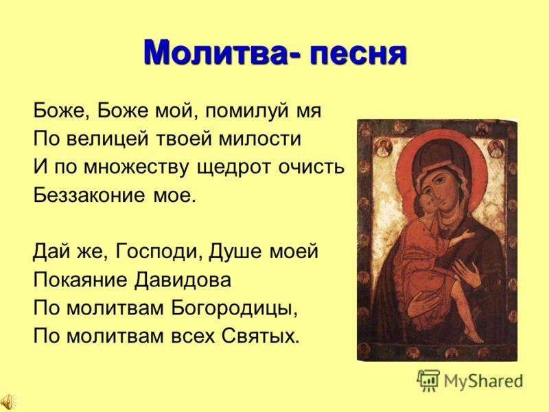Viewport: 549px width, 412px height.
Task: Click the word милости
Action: (x=260, y=139)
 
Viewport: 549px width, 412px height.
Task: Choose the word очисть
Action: (x=312, y=167)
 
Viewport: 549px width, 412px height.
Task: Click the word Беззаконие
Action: (x=89, y=195)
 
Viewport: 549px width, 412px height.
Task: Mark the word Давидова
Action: (x=183, y=280)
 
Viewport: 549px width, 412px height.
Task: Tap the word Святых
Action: (x=261, y=336)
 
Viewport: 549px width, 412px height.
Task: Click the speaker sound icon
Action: (x=7, y=401)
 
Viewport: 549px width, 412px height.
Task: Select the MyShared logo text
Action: (x=483, y=381)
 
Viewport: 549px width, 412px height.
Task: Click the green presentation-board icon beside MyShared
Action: (x=428, y=380)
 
